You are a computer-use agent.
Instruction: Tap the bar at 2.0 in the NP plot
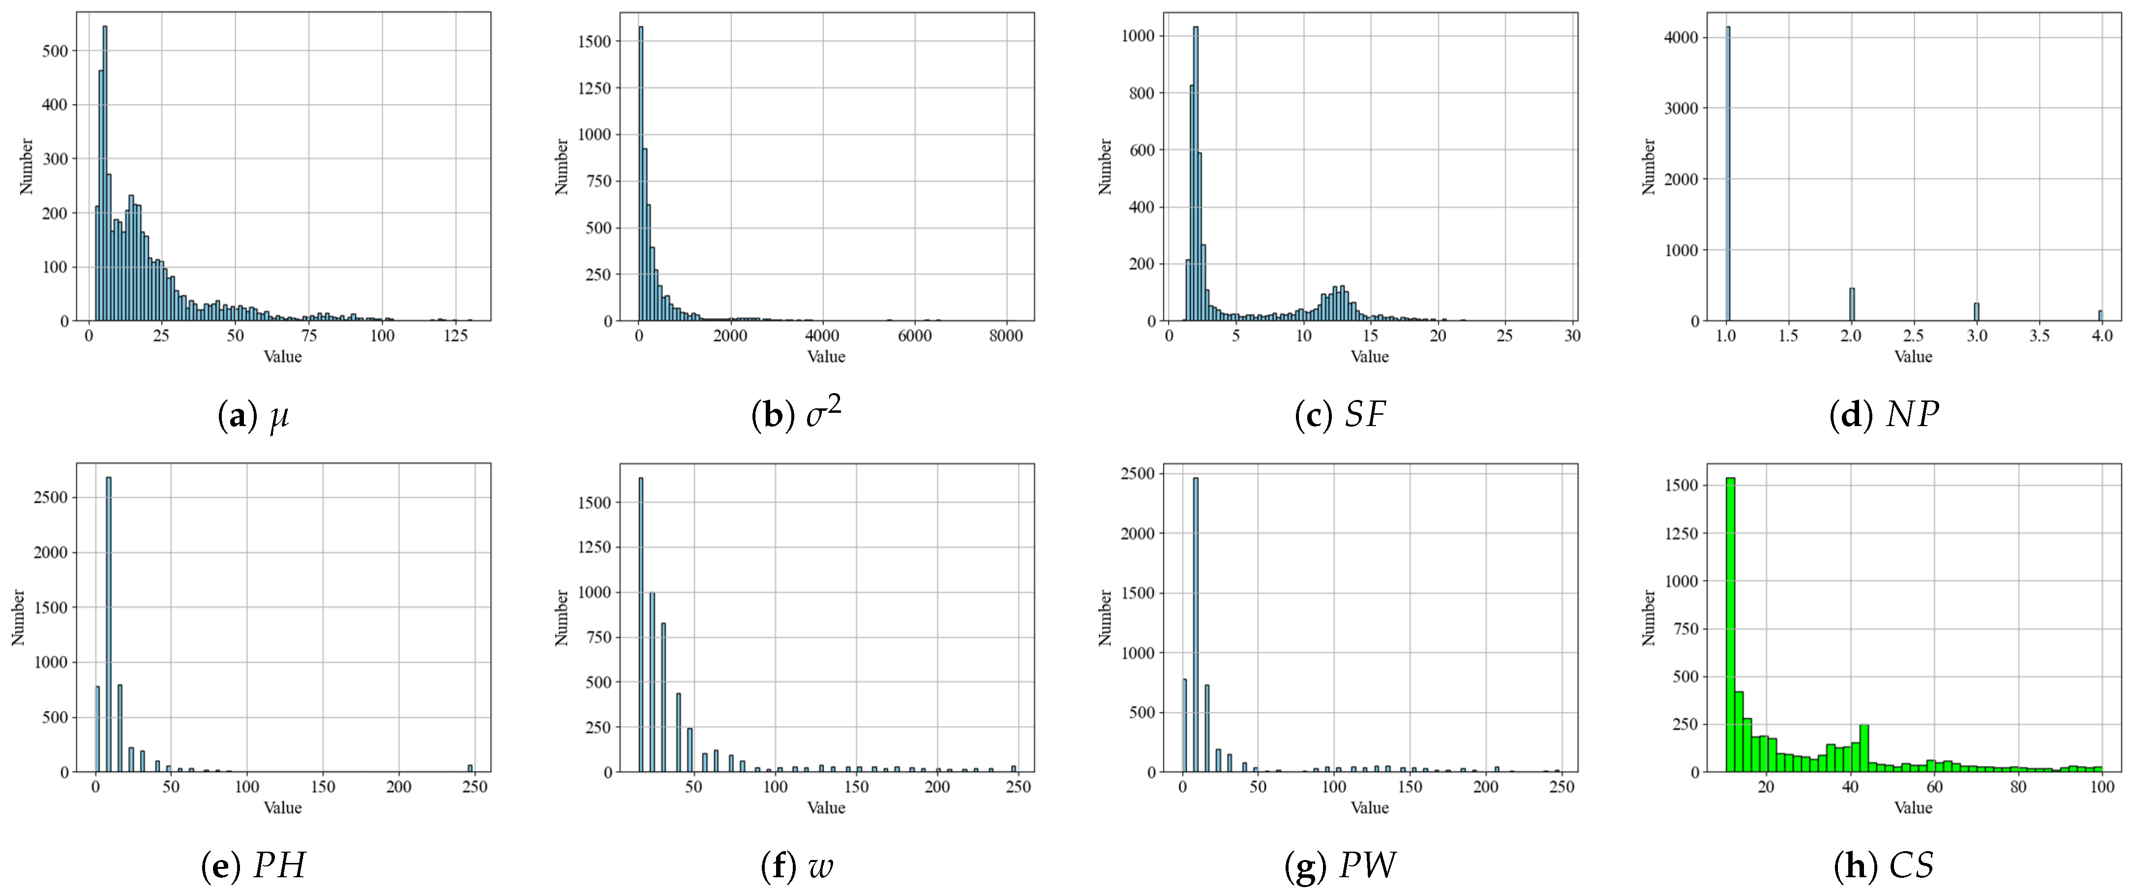(x=1852, y=305)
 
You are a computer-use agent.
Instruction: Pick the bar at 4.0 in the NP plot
(x=2100, y=315)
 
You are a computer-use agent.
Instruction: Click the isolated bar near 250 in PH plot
(x=470, y=768)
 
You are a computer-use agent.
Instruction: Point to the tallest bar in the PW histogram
(x=1195, y=625)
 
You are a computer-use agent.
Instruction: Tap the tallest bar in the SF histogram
(x=1195, y=174)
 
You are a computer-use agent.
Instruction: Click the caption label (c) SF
(x=1340, y=414)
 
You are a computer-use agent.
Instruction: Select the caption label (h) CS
(x=1884, y=865)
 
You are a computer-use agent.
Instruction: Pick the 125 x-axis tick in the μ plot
(x=454, y=336)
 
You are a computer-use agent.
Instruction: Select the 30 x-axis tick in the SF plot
(x=1572, y=336)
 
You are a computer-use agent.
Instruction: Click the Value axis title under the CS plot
(x=1913, y=807)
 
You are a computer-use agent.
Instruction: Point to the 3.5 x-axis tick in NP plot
(x=2040, y=336)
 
